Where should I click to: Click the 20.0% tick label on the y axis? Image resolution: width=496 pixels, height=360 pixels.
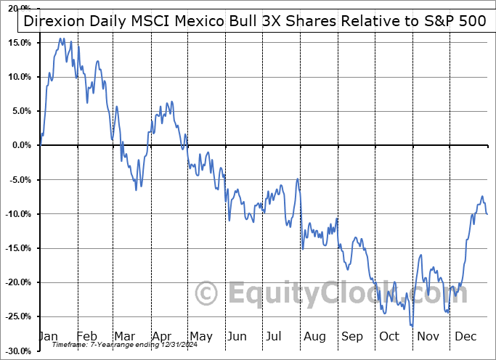coord(19,9)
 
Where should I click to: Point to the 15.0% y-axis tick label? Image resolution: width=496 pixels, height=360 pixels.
coord(19,43)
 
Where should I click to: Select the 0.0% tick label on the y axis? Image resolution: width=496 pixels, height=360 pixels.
coord(21,145)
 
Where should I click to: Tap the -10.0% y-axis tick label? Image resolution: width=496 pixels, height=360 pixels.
coord(18,214)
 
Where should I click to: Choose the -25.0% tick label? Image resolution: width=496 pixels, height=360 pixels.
coord(18,316)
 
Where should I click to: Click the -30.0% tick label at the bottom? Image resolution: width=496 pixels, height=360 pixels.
coord(18,351)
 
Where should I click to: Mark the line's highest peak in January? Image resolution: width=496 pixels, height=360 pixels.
coord(62,38)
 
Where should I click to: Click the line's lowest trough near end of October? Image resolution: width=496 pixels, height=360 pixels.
coord(411,326)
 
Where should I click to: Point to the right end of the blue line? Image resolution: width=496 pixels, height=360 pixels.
coord(487,214)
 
